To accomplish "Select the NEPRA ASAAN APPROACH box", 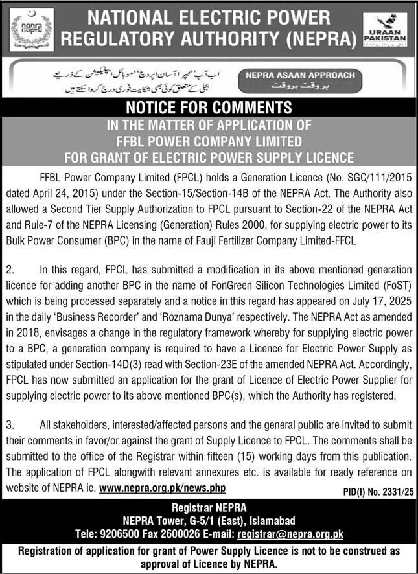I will point(300,80).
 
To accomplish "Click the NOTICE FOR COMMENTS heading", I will point(209,107).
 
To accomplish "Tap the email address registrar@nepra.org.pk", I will point(290,534).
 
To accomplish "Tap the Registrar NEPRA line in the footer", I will point(209,507).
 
